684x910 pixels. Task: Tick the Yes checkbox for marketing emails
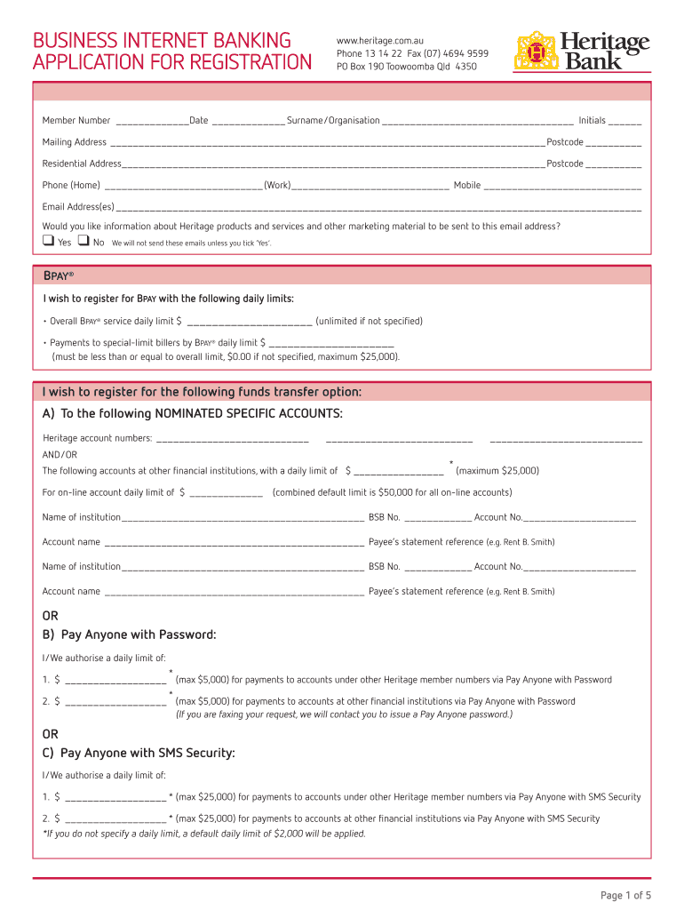pyautogui.click(x=48, y=241)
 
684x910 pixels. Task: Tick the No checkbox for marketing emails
pyautogui.click(x=84, y=241)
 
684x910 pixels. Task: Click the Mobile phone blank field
pyautogui.click(x=561, y=186)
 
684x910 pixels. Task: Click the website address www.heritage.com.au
pyautogui.click(x=379, y=40)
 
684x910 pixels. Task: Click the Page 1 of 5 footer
pyautogui.click(x=625, y=895)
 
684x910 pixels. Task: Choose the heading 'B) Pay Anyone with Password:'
pyautogui.click(x=130, y=635)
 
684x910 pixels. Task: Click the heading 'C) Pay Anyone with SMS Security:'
pyautogui.click(x=139, y=754)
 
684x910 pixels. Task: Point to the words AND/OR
pyautogui.click(x=60, y=455)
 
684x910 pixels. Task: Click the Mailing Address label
pyautogui.click(x=75, y=142)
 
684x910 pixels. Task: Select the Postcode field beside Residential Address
pyautogui.click(x=613, y=164)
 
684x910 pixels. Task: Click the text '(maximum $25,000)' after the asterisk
pyautogui.click(x=497, y=471)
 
